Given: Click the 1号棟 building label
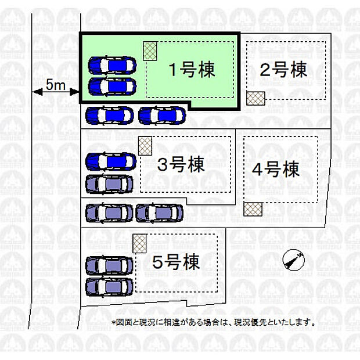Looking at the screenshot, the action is point(192,70).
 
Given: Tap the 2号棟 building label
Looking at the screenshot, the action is point(283,70).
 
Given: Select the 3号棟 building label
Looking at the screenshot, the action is point(181,164).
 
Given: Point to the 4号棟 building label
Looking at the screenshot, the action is point(276,170).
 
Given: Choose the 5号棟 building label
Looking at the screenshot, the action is point(176,262).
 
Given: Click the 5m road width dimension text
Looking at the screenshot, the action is point(56,85).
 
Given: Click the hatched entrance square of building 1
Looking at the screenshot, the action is point(150,51).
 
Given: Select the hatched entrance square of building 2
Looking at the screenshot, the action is point(255,98).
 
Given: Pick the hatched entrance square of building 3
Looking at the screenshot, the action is point(145,146).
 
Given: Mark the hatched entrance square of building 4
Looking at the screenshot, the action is point(253,209).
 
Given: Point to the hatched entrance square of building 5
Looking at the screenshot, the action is point(139,243).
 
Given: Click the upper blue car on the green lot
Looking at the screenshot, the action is point(112,65).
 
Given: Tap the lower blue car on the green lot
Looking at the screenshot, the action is point(112,87).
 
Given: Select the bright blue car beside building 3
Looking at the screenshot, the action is point(111,162).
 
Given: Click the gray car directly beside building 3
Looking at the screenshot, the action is point(109,184).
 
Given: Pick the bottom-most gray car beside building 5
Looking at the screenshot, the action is point(109,287).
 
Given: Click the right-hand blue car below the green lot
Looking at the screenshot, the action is point(163,116).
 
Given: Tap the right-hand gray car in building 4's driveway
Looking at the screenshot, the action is point(160,213).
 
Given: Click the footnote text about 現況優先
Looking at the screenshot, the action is point(214,323).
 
